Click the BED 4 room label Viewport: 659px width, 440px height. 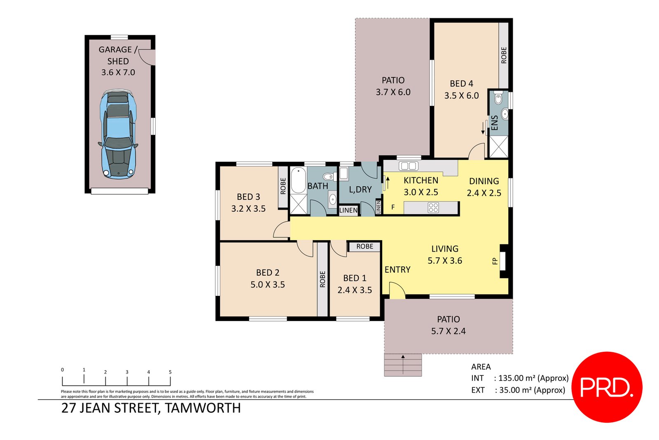click(x=461, y=84)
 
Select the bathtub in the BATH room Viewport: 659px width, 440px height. click(x=298, y=180)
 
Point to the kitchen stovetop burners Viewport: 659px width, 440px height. click(x=433, y=208)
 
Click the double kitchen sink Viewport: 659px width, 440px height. click(x=408, y=166)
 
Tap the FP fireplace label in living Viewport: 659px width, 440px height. click(x=495, y=261)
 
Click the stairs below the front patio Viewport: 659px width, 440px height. click(x=403, y=365)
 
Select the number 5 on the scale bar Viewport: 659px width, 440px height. click(x=170, y=372)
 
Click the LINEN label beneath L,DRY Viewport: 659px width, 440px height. click(x=348, y=210)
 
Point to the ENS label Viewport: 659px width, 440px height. click(x=495, y=123)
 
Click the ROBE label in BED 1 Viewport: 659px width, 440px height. click(x=365, y=246)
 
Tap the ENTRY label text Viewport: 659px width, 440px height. click(x=397, y=269)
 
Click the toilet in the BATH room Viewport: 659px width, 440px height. click(x=328, y=177)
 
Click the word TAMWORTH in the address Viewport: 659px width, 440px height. click(x=203, y=408)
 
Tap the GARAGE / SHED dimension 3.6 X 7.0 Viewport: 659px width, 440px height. click(x=118, y=73)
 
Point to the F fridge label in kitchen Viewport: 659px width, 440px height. click(x=393, y=207)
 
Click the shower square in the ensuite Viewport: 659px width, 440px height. click(x=498, y=147)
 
